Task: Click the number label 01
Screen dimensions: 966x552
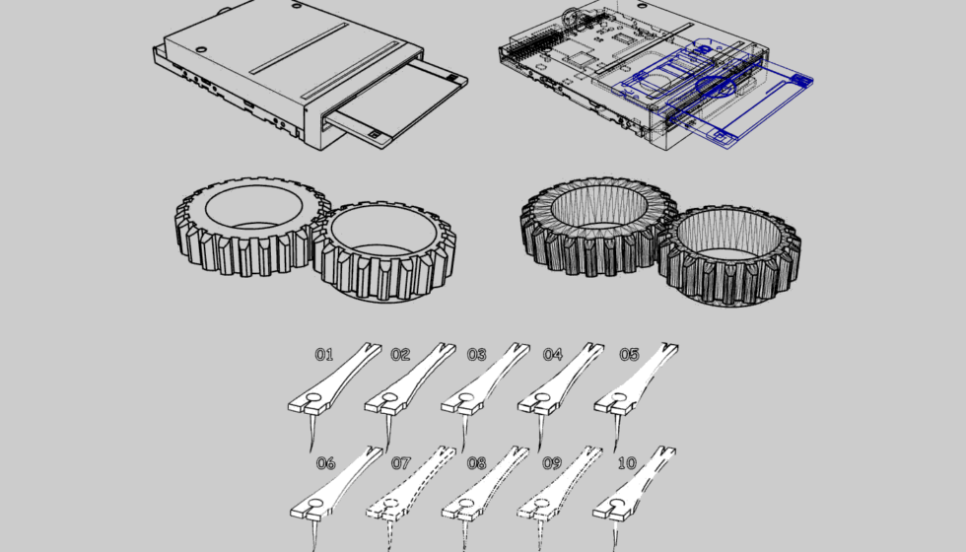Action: point(324,354)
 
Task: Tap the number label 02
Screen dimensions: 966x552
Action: point(400,354)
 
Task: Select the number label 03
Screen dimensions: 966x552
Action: point(477,354)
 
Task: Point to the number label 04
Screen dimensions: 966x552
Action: point(553,354)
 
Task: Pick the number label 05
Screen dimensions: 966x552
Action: point(629,354)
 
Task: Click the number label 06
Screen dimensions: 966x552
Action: point(325,463)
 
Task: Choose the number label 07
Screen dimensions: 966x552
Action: point(401,463)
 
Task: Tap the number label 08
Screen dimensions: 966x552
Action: point(477,463)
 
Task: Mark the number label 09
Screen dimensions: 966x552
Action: point(552,463)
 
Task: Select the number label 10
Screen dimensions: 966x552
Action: point(627,463)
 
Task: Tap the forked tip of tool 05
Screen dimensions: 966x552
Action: point(668,349)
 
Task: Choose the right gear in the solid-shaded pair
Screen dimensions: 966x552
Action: point(384,251)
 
